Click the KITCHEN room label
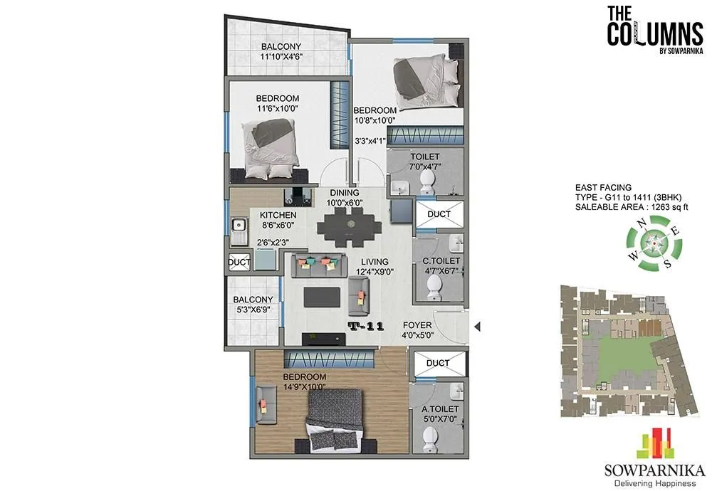pos(278,215)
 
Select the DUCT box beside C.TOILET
pos(438,213)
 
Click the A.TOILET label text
pos(439,409)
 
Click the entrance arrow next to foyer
pos(478,327)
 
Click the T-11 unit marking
pos(367,327)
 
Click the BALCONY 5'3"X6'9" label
pos(253,305)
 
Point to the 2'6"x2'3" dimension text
pos(274,242)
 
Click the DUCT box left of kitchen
pos(239,263)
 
